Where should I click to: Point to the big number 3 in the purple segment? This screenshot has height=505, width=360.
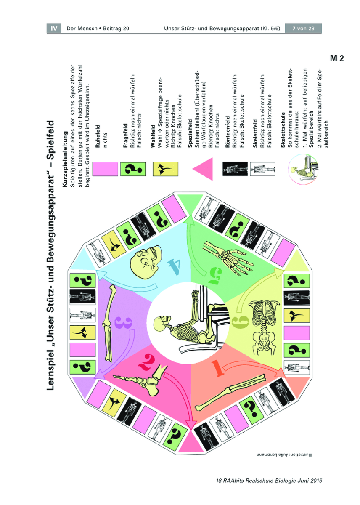(x=123, y=322)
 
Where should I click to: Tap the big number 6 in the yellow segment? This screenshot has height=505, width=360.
(x=240, y=322)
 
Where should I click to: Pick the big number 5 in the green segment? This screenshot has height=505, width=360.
(x=215, y=276)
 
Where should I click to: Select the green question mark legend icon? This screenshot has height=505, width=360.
(x=133, y=169)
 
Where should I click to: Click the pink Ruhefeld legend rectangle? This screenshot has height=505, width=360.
(x=105, y=169)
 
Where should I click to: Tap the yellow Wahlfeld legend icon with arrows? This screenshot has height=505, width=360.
(x=165, y=169)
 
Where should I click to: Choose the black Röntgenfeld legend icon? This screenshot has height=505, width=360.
(x=235, y=169)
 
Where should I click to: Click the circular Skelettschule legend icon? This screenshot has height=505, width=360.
(x=303, y=169)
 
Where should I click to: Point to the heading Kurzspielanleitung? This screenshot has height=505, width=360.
(x=65, y=159)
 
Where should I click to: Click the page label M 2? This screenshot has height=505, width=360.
(x=337, y=58)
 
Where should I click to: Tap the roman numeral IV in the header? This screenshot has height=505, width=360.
(x=54, y=28)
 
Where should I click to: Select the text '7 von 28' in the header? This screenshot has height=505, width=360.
(x=303, y=29)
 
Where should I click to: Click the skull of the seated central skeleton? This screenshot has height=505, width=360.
(x=162, y=323)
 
